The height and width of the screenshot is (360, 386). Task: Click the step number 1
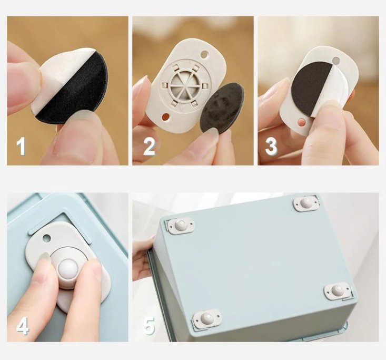point(22,147)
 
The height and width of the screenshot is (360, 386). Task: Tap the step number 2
point(149,147)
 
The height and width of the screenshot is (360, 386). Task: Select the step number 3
point(271,147)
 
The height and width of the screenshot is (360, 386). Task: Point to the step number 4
point(23,326)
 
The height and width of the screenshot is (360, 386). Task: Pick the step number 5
point(149,326)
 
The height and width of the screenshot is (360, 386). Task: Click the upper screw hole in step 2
point(204,54)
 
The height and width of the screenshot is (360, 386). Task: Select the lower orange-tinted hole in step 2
point(166,116)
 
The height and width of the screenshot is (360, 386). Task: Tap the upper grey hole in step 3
point(335,60)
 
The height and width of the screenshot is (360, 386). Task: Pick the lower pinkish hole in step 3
point(302,122)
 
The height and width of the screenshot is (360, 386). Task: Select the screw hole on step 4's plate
point(46,238)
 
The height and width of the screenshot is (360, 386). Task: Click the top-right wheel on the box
point(306,203)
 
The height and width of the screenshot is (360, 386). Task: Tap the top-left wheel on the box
point(181,225)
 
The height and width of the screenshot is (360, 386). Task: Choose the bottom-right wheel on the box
point(337,291)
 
